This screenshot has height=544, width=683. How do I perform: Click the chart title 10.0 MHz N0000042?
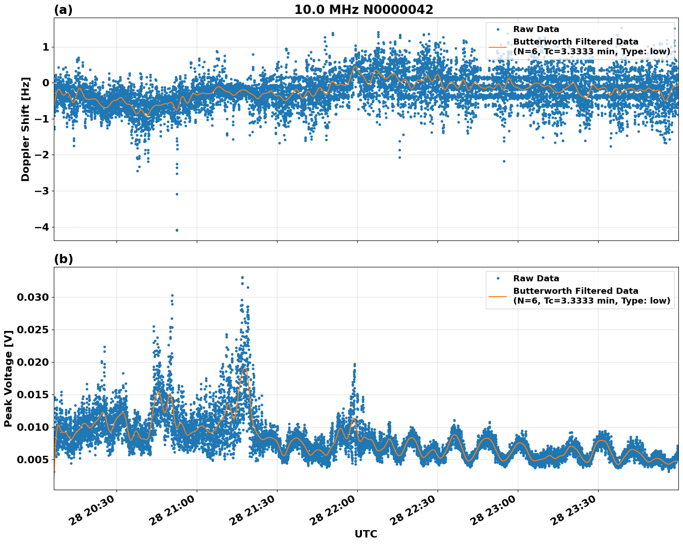pos(363,10)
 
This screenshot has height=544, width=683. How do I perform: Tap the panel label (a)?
pos(63,10)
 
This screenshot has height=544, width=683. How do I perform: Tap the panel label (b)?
pos(63,259)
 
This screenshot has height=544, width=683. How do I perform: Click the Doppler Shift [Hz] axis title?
pos(26,129)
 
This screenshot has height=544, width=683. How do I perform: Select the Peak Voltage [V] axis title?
pos(8,378)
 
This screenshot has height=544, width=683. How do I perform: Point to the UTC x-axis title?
pos(366,534)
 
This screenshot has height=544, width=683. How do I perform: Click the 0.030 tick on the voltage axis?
pos(32,297)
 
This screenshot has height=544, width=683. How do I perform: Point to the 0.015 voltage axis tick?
pos(32,395)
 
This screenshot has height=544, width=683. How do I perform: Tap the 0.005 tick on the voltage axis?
pos(32,460)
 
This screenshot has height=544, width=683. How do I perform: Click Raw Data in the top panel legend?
pos(536,29)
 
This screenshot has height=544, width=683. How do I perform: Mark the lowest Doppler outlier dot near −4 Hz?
pos(177,230)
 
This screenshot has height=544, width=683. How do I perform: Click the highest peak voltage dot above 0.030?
pos(242,278)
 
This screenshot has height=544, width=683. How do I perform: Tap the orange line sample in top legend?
pos(498,47)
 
